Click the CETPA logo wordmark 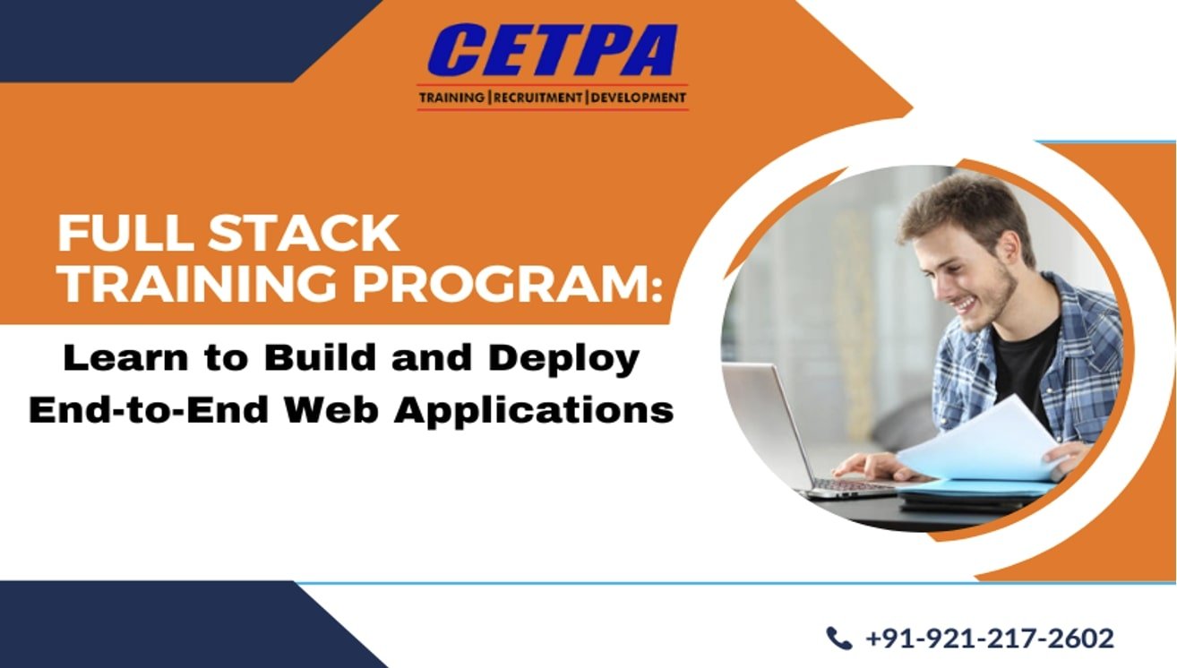pyautogui.click(x=552, y=51)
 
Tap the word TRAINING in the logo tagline pyautogui.click(x=452, y=98)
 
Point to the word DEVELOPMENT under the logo pyautogui.click(x=638, y=98)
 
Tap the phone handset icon pyautogui.click(x=838, y=638)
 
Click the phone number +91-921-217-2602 pyautogui.click(x=989, y=638)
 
